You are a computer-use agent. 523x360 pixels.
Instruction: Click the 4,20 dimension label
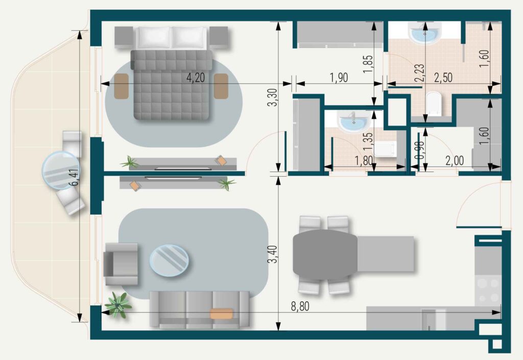click(x=196, y=78)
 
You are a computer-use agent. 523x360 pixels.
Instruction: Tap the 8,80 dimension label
click(x=300, y=306)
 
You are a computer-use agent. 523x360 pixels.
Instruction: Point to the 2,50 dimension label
click(x=443, y=77)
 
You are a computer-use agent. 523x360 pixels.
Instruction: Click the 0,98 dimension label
click(x=421, y=150)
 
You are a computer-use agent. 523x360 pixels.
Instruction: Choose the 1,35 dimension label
click(x=368, y=141)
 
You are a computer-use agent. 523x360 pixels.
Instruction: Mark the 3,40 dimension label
click(x=273, y=254)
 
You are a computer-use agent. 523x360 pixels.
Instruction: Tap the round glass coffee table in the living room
click(x=169, y=260)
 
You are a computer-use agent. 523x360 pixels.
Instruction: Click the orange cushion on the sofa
click(x=222, y=314)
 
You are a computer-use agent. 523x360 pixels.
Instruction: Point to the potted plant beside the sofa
click(x=117, y=305)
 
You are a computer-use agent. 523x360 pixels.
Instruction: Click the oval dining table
click(x=325, y=255)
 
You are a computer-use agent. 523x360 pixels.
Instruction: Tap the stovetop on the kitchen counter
click(x=488, y=290)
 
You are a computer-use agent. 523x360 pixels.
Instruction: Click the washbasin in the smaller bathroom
click(x=353, y=121)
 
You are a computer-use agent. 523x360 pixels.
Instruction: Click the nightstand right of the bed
click(x=219, y=37)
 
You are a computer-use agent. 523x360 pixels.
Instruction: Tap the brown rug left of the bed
click(x=122, y=86)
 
